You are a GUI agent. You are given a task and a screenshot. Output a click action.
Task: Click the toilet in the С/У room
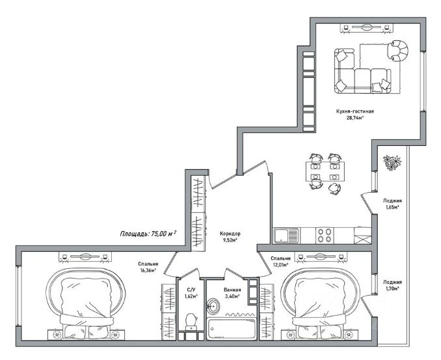pyautogui.click(x=191, y=322)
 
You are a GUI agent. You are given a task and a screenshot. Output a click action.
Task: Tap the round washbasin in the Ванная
pyautogui.click(x=213, y=306)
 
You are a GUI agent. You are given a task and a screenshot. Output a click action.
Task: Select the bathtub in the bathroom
pyautogui.click(x=232, y=329)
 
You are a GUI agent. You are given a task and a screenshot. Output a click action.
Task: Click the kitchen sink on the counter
pyautogui.click(x=286, y=235)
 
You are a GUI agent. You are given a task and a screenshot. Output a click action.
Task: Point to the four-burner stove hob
pyautogui.click(x=325, y=235)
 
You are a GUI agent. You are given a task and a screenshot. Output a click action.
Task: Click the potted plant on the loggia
pyautogui.click(x=392, y=162)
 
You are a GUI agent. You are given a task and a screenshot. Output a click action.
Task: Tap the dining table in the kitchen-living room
pyautogui.click(x=325, y=171)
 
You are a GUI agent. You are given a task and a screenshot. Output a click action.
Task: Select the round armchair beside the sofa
pyautogui.click(x=397, y=51)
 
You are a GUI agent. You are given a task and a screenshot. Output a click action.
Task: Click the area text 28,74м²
pyautogui.click(x=355, y=118)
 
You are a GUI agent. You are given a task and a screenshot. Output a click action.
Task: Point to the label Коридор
pyautogui.click(x=230, y=234)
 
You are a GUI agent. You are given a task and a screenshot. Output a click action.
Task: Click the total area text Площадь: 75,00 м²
pyautogui.click(x=148, y=233)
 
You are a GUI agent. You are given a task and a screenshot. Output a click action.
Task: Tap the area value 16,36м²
pyautogui.click(x=148, y=270)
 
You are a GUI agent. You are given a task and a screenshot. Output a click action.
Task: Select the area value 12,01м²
pyautogui.click(x=280, y=265)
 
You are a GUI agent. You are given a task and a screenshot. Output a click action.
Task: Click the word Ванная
pyautogui.click(x=232, y=290)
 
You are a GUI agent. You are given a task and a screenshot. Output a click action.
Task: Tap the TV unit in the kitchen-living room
pyautogui.click(x=366, y=28)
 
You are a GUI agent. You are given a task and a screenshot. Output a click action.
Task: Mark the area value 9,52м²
pyautogui.click(x=230, y=240)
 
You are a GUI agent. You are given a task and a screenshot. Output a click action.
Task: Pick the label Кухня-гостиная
pyautogui.click(x=355, y=111)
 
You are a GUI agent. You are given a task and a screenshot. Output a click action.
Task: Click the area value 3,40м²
pyautogui.click(x=232, y=296)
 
